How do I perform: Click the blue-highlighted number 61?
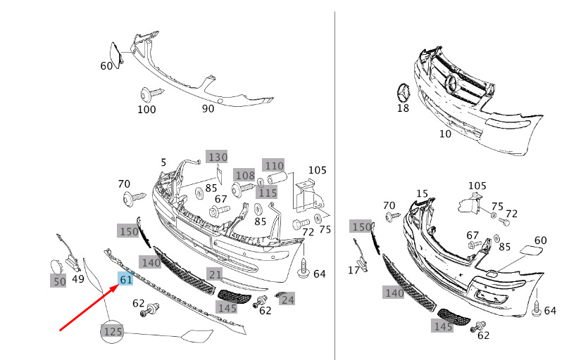coord(126,279)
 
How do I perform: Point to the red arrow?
coord(89,307)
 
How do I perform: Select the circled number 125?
coord(113,331)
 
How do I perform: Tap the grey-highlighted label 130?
coord(217,157)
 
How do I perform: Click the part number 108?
coord(245,175)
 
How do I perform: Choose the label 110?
coord(274,165)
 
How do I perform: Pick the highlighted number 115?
coord(268,193)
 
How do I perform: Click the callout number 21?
coord(215,275)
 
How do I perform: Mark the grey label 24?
coord(287,300)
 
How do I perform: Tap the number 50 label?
coord(58,281)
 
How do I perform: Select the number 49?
coord(77,279)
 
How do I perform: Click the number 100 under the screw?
coord(146,110)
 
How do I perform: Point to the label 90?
coord(208,109)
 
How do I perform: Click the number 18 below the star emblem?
coord(403,108)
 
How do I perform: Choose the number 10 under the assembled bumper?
coord(445,134)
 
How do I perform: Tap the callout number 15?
coord(422,193)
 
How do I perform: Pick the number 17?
coord(354,270)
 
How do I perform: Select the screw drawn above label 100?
coord(152,94)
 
